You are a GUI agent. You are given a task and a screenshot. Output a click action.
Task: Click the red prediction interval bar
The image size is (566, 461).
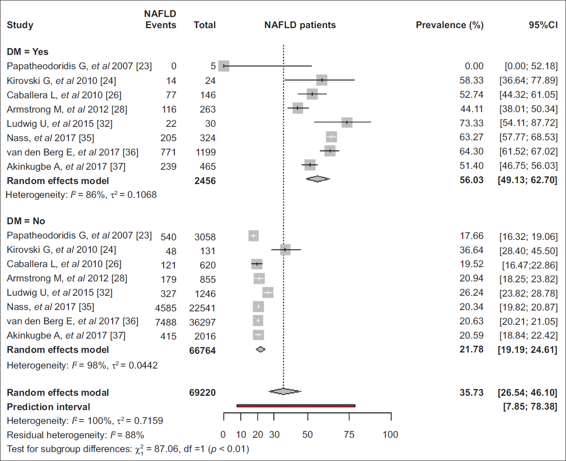[296, 406]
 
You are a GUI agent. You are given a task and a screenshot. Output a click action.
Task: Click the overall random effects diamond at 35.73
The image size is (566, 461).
[284, 392]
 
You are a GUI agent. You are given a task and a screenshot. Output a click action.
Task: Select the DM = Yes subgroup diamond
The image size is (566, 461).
[317, 179]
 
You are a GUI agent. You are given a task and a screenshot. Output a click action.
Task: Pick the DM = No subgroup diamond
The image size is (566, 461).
[261, 349]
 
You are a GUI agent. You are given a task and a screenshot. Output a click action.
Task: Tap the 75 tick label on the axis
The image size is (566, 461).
[349, 435]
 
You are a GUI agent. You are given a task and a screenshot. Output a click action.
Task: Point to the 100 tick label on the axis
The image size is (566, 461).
[390, 435]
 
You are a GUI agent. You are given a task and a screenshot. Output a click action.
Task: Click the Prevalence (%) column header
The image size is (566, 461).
[449, 25]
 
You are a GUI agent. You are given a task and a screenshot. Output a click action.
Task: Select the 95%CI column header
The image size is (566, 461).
[543, 25]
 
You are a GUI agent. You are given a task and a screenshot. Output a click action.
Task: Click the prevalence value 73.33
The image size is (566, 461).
[471, 123]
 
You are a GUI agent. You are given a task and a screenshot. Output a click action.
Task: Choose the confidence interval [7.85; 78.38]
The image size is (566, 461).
[530, 407]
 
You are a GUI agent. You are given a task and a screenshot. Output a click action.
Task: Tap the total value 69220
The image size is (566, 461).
[202, 393]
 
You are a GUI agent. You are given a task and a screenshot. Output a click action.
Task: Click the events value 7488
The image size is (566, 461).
[165, 322]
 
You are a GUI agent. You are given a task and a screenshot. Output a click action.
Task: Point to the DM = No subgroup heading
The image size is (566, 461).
[26, 221]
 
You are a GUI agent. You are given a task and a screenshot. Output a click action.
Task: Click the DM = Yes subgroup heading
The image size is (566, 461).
[28, 52]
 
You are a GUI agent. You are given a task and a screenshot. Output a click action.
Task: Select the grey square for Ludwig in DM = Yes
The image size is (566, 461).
[346, 122]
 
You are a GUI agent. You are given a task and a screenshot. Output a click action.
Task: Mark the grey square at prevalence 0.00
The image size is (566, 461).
[224, 66]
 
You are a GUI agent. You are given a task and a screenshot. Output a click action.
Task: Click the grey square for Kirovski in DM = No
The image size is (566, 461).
[285, 250]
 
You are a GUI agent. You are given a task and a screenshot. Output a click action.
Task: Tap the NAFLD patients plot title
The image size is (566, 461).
[300, 25]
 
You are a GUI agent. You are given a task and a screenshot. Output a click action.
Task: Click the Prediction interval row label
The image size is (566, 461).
[48, 407]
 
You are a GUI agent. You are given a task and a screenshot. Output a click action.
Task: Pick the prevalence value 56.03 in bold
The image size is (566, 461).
[471, 180]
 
